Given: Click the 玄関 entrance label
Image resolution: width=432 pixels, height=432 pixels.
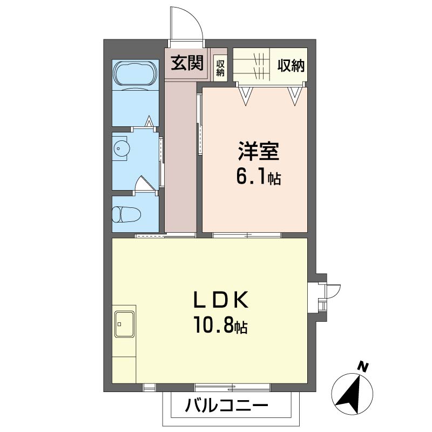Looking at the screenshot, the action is pos(187,63).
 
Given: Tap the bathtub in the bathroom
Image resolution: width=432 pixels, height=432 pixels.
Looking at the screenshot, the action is pos(136,73).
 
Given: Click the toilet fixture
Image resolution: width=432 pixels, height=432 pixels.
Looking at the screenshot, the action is pos(126,214).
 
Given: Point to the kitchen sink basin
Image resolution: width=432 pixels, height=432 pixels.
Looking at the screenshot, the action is pos(125,324).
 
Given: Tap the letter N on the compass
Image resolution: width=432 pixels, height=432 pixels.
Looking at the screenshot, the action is pos(363,367).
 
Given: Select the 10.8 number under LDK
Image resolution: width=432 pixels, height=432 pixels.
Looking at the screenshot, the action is pos(214,325).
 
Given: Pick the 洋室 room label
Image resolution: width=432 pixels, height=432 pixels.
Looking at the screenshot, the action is pos(259,151).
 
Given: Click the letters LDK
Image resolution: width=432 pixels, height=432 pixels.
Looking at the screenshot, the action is pos(221,300).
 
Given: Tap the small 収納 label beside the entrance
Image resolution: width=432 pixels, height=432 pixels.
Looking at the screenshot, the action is pos(220,68).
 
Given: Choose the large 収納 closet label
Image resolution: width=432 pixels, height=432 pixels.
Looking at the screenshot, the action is pos(291,65).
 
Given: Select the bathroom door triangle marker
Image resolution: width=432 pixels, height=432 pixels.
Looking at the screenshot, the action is pos(149,121).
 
